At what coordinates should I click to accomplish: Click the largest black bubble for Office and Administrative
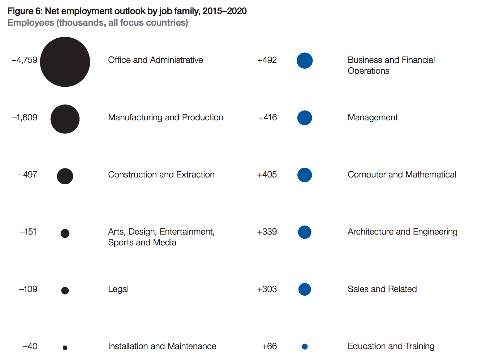pos(65,62)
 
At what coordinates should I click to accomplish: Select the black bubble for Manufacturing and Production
pos(65,119)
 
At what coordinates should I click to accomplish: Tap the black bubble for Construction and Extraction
pos(65,176)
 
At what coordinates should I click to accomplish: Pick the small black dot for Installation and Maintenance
pos(65,348)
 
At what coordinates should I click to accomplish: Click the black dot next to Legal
pos(65,291)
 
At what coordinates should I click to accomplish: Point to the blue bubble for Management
pos(305,118)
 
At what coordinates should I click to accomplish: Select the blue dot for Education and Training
pos(305,347)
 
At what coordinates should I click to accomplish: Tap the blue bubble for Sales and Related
pos(305,289)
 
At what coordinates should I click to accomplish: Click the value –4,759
pos(25,60)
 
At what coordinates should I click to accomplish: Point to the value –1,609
pos(25,117)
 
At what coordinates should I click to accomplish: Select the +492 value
pos(267,60)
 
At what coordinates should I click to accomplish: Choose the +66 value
pos(270,346)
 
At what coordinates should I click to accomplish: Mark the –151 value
pos(28,232)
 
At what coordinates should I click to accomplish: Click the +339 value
pos(267,232)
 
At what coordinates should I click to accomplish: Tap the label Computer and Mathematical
pos(402,175)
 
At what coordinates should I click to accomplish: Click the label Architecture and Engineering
pos(403,232)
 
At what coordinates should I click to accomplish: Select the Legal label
pos(119,289)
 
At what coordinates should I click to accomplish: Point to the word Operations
pos(369,71)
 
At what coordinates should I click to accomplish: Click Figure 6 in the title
pos(25,11)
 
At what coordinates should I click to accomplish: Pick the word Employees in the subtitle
pos(31,23)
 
